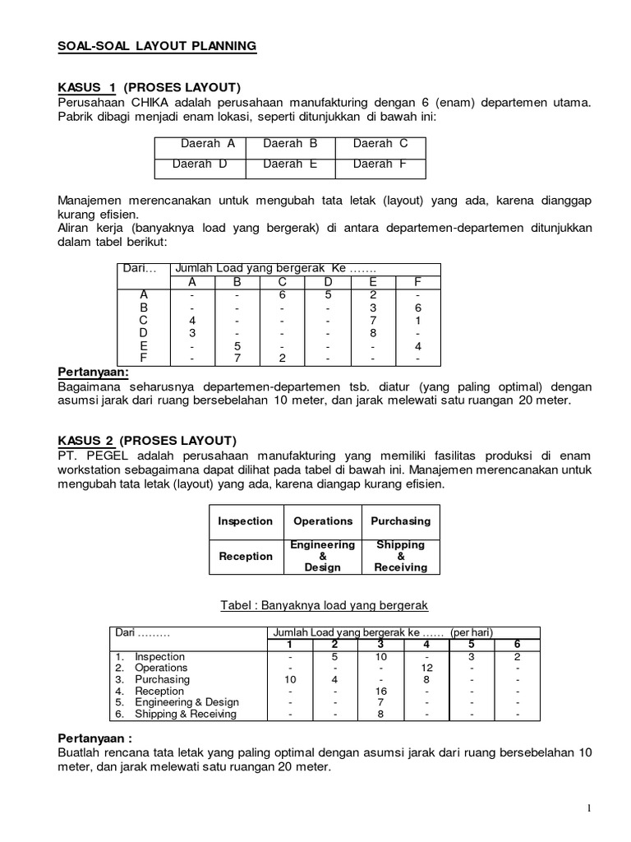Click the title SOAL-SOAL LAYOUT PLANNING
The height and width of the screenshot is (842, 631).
[157, 47]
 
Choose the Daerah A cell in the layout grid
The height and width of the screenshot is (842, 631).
[208, 144]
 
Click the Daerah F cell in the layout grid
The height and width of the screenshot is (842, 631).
[380, 164]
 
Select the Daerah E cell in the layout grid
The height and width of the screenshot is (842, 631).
[290, 164]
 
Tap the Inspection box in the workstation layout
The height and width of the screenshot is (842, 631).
[245, 521]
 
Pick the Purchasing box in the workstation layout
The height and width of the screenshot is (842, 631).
[400, 521]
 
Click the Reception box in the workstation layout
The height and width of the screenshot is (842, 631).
[245, 557]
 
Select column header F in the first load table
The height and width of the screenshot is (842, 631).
[417, 282]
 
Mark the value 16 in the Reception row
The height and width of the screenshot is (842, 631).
[380, 691]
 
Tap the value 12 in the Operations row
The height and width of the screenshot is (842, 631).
[426, 668]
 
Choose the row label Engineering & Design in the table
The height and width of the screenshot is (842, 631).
[187, 702]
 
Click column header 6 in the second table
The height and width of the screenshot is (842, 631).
[517, 643]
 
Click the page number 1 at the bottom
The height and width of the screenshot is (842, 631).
[589, 809]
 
